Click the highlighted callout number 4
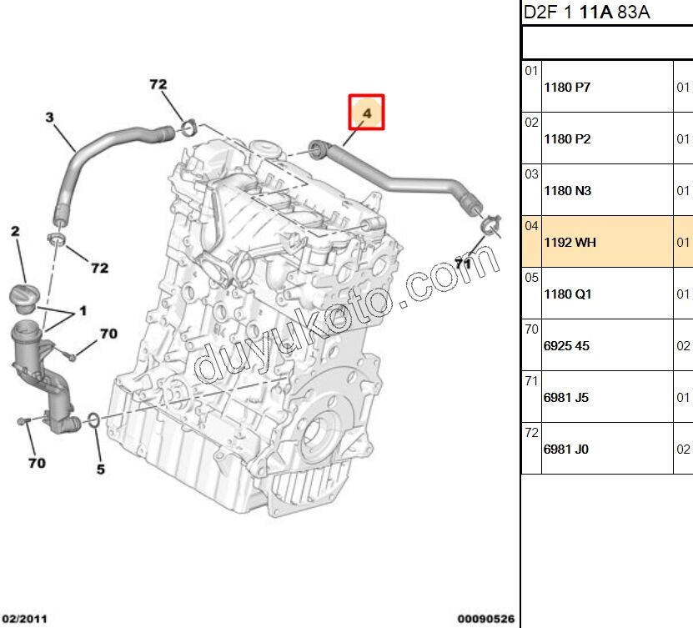coord(367,110)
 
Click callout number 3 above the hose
coord(49,118)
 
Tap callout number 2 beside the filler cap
coord(15,231)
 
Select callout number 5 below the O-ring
coord(100,470)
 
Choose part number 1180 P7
coord(567,88)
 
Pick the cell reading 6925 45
coord(566,346)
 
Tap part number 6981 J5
coord(566,398)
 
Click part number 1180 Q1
coord(567,294)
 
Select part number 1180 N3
coord(567,191)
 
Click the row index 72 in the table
coord(531,433)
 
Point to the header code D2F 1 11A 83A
coord(585,12)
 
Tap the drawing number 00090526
coord(484,619)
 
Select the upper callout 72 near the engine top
coord(158,84)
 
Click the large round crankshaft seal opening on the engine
coord(318,433)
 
